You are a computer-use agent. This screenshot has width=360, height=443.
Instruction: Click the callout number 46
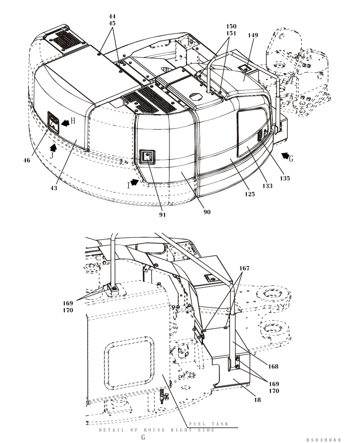click(27, 160)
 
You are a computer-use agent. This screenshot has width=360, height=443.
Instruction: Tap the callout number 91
click(162, 214)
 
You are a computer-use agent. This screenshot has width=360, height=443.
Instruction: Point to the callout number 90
click(207, 212)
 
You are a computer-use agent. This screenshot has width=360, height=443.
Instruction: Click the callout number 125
click(250, 194)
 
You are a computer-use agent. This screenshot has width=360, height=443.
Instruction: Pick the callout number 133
click(267, 186)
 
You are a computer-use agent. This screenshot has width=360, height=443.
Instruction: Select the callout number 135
click(285, 178)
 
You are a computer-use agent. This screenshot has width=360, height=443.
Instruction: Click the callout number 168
click(273, 366)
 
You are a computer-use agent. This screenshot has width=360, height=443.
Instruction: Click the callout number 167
click(244, 268)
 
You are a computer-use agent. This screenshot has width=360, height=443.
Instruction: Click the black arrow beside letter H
click(65, 122)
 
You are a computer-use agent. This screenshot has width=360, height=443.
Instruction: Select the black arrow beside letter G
click(286, 156)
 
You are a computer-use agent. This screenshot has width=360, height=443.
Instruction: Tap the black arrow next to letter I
click(134, 183)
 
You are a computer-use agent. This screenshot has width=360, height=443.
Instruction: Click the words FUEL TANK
click(209, 424)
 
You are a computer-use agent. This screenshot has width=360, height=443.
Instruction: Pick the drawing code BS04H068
click(323, 439)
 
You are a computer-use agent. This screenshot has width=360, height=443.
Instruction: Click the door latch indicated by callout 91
click(146, 156)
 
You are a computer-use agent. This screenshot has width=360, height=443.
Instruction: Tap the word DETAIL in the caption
click(108, 430)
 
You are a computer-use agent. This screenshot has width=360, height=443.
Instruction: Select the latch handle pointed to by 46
click(53, 121)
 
